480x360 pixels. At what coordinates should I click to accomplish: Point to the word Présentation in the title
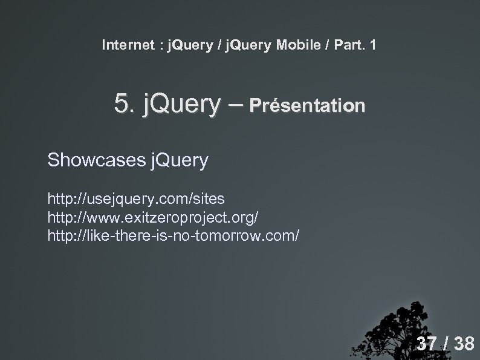point(308,106)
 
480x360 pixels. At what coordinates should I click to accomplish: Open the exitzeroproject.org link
point(156,216)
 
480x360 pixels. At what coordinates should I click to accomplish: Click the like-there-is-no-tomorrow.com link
point(173,234)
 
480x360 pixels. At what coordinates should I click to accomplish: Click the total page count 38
point(464,344)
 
